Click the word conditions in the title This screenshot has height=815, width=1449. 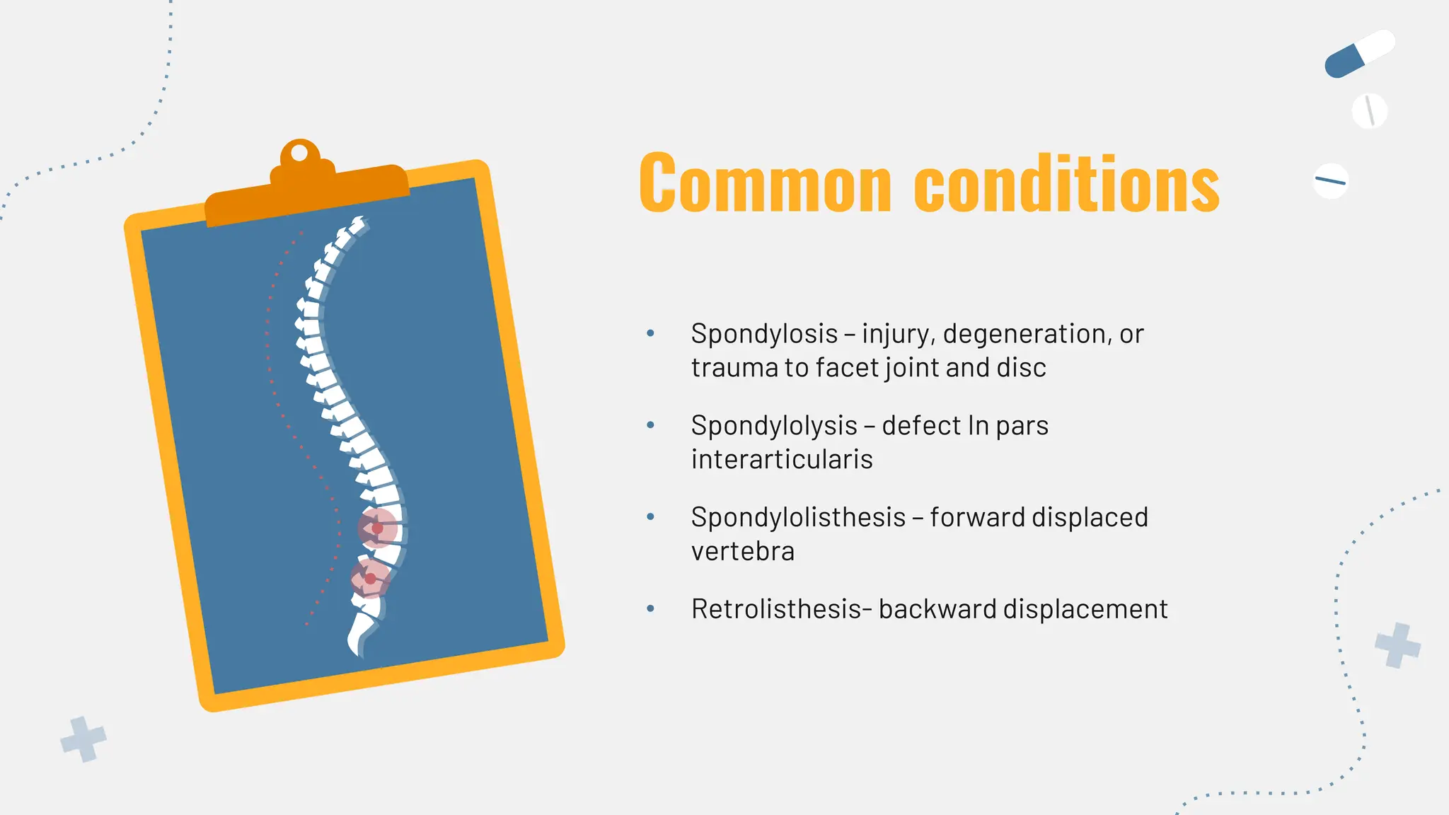point(1067,183)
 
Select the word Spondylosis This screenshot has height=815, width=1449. point(764,334)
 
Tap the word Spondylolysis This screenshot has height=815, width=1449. point(774,426)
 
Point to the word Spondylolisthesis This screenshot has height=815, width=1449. point(798,518)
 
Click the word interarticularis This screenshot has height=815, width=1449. point(782,460)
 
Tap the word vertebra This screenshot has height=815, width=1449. point(743,552)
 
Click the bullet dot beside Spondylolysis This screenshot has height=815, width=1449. point(650,425)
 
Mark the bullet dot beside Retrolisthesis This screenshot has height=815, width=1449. point(650,608)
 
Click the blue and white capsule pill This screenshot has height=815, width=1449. point(1359,54)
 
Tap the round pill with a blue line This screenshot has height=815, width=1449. point(1330,181)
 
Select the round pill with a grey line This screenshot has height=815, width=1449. point(1369,111)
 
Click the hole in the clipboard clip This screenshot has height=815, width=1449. point(299,153)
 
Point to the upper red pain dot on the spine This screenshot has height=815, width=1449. point(377,528)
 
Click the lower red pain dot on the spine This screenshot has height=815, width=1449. point(370,579)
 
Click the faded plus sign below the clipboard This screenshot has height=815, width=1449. point(83,739)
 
